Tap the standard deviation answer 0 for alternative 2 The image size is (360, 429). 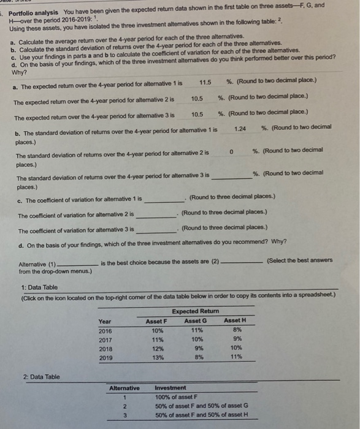pyautogui.click(x=232, y=151)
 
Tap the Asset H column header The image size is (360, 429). pyautogui.click(x=235, y=321)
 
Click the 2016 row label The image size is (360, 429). pyautogui.click(x=105, y=330)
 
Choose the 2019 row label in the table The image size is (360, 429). pyautogui.click(x=105, y=357)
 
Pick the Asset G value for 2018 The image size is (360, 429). pyautogui.click(x=196, y=348)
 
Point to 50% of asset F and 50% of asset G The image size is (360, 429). pyautogui.click(x=201, y=406)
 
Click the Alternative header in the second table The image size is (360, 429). pyautogui.click(x=124, y=388)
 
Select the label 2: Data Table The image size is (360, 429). pyautogui.click(x=41, y=376)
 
